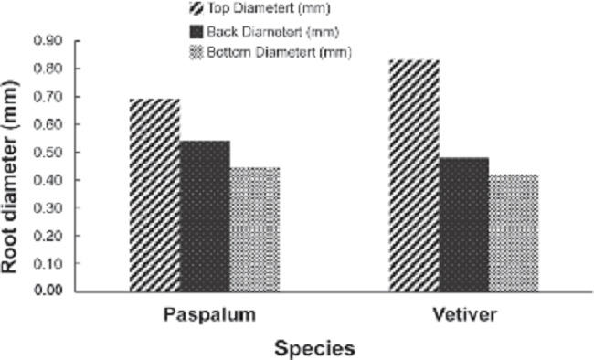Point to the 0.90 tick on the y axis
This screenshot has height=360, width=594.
tap(48, 41)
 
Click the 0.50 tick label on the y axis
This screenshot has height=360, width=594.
tap(48, 153)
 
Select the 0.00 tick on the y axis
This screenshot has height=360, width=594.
tap(48, 291)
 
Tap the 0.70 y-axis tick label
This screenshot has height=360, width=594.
tap(48, 97)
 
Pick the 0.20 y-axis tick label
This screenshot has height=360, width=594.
tap(48, 236)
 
